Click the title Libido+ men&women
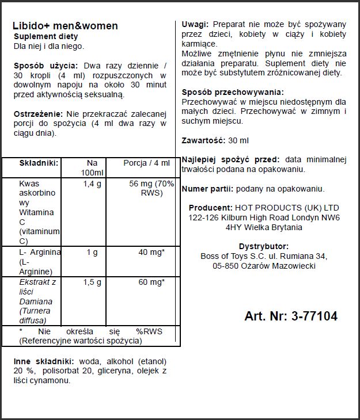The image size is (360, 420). (x=65, y=26)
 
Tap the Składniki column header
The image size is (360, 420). (x=39, y=163)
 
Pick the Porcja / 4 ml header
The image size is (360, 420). (x=146, y=163)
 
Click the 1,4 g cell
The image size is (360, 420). (x=92, y=184)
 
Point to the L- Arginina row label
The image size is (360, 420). (x=40, y=262)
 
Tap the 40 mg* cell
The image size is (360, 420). (x=151, y=253)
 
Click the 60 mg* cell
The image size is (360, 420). (x=151, y=282)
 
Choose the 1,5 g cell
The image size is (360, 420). (x=92, y=282)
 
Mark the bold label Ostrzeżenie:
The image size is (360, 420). (x=38, y=114)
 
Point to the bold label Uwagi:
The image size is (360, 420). (x=195, y=25)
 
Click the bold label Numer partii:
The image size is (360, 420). (x=207, y=189)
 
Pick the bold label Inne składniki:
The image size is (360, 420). (x=43, y=361)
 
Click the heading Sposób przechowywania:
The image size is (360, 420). (x=232, y=92)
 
